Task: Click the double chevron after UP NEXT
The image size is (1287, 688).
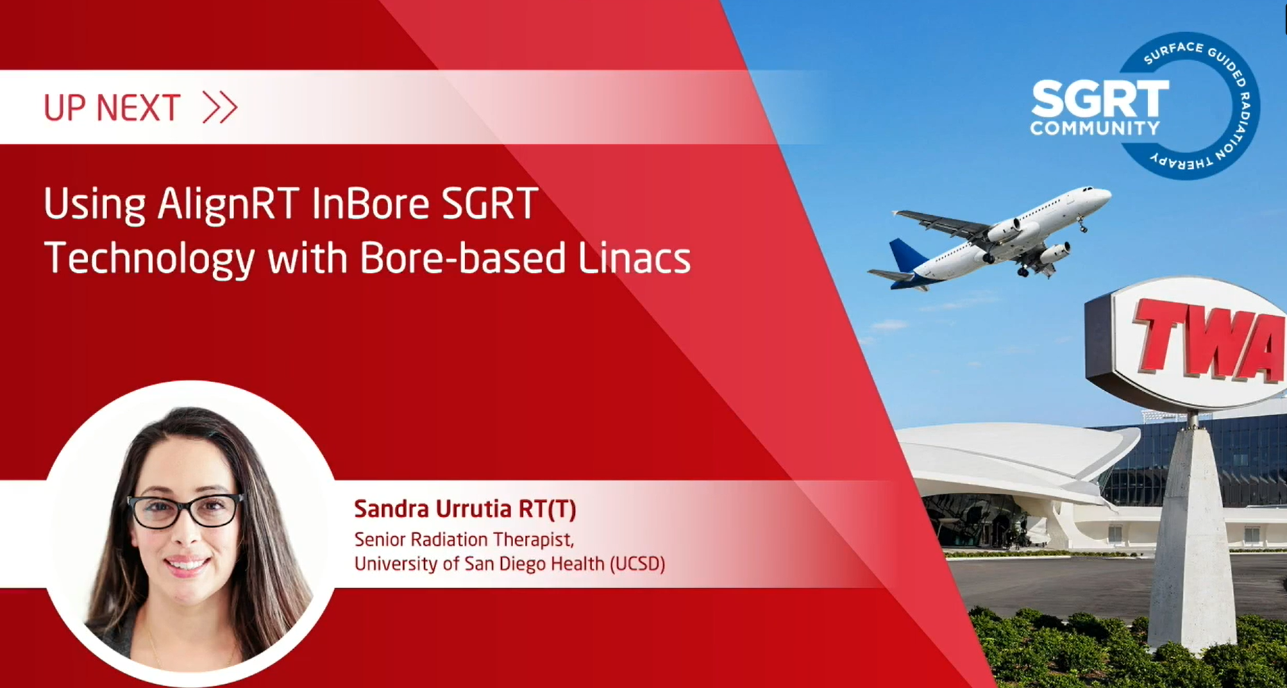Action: [220, 108]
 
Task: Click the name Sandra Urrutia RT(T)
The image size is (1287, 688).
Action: [465, 509]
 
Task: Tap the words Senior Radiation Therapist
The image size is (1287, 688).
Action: [464, 539]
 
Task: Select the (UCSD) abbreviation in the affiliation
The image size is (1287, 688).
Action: [637, 563]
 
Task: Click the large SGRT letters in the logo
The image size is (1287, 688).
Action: [1100, 99]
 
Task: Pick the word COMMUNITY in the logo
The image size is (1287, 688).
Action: [1095, 128]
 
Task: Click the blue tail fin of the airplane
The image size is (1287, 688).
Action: [906, 255]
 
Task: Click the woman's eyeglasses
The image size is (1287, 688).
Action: [185, 510]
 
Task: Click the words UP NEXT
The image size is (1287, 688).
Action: [112, 108]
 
